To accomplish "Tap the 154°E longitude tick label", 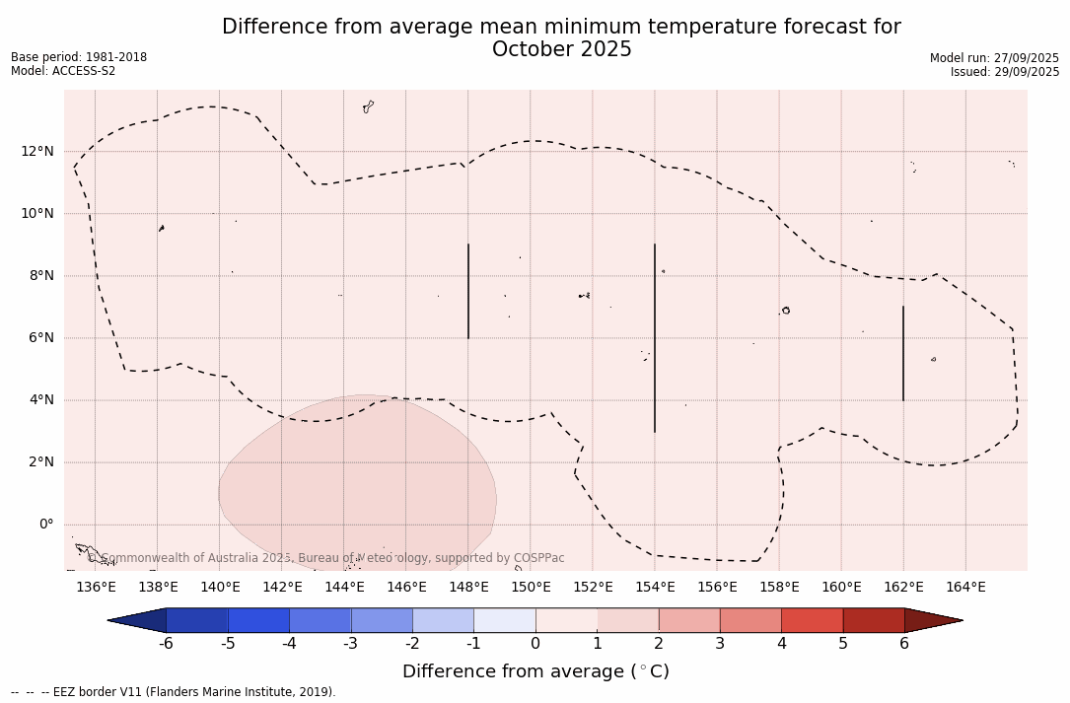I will (x=655, y=588).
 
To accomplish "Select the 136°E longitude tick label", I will (x=96, y=588).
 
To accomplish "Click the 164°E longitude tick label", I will (x=965, y=588).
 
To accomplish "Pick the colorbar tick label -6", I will (x=166, y=644).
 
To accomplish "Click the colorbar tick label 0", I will (x=535, y=644).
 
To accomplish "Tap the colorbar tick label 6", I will (x=904, y=644).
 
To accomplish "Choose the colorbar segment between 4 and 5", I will (x=812, y=620).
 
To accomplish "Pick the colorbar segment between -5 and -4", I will (x=258, y=620).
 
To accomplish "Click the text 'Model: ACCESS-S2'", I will (x=63, y=71).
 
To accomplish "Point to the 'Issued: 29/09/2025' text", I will (x=1005, y=72).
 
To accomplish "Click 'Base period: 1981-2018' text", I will (x=79, y=57).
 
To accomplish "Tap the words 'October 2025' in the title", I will (x=561, y=49).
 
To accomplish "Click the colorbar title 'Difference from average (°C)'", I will (x=535, y=671).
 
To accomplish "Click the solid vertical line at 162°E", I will (x=903, y=353).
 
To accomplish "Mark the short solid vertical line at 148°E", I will (x=468, y=291).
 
